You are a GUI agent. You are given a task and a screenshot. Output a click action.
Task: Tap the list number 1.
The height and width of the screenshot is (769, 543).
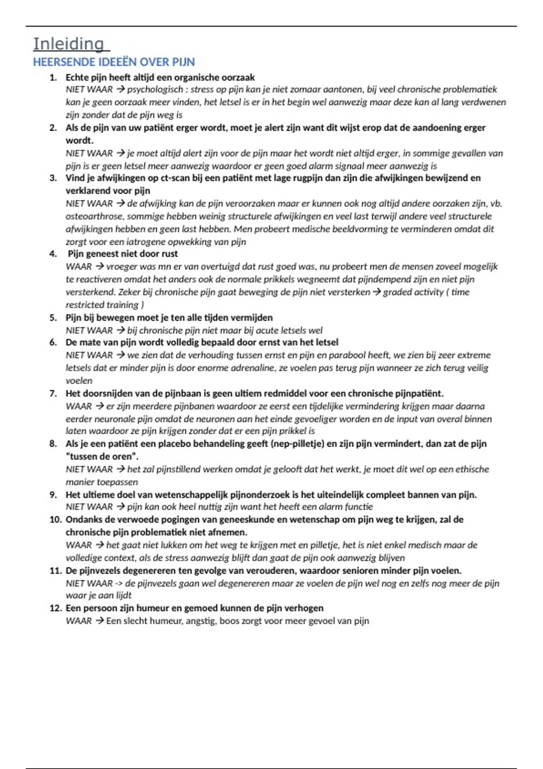53,77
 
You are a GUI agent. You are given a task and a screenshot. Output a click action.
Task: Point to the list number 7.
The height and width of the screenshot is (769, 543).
53,394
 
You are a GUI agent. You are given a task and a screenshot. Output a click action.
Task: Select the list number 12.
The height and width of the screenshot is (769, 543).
55,608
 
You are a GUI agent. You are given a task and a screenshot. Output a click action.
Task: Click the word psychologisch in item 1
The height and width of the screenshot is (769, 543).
155,90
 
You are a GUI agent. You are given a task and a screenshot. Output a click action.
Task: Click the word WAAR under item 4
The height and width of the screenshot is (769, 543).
78,267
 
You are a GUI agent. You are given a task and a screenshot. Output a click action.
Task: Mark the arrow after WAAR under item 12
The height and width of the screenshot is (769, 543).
99,621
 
